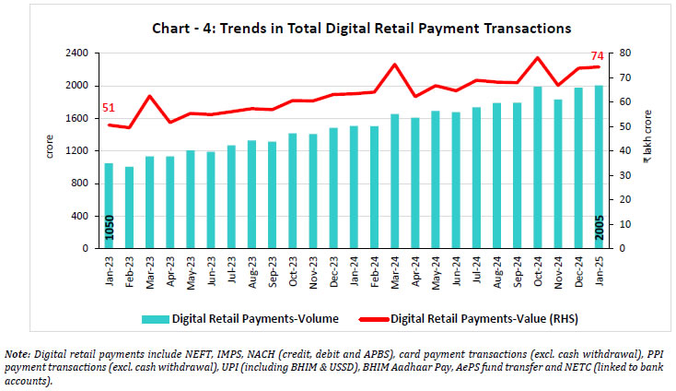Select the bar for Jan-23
pyautogui.click(x=109, y=206)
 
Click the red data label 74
pyautogui.click(x=596, y=56)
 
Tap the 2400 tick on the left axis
pyautogui.click(x=76, y=53)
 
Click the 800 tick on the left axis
pyautogui.click(x=80, y=184)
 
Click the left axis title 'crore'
pyautogui.click(x=50, y=146)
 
